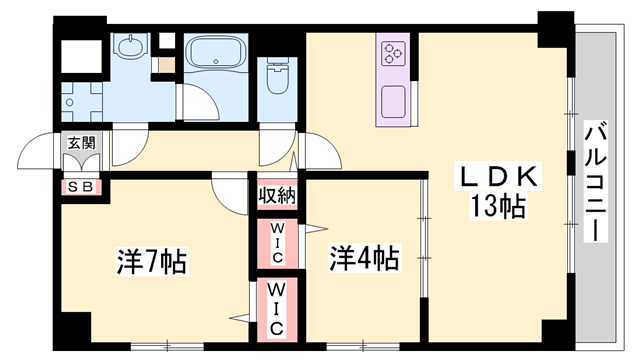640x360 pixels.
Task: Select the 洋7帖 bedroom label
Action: coord(152,262)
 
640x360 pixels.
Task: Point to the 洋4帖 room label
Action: coord(365,259)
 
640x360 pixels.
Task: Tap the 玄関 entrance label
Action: coord(81,144)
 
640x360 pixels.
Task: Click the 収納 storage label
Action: coord(276,194)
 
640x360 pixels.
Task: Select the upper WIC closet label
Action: coord(276,243)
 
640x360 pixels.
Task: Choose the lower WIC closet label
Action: coord(276,311)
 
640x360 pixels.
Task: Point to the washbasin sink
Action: coord(129,48)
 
